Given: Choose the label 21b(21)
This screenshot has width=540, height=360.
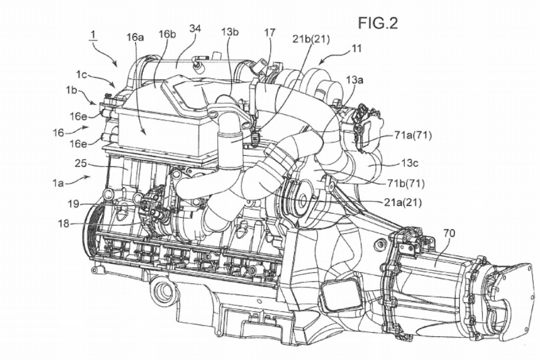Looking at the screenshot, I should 312,40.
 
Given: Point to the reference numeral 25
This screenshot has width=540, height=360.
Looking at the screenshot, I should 81,161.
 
